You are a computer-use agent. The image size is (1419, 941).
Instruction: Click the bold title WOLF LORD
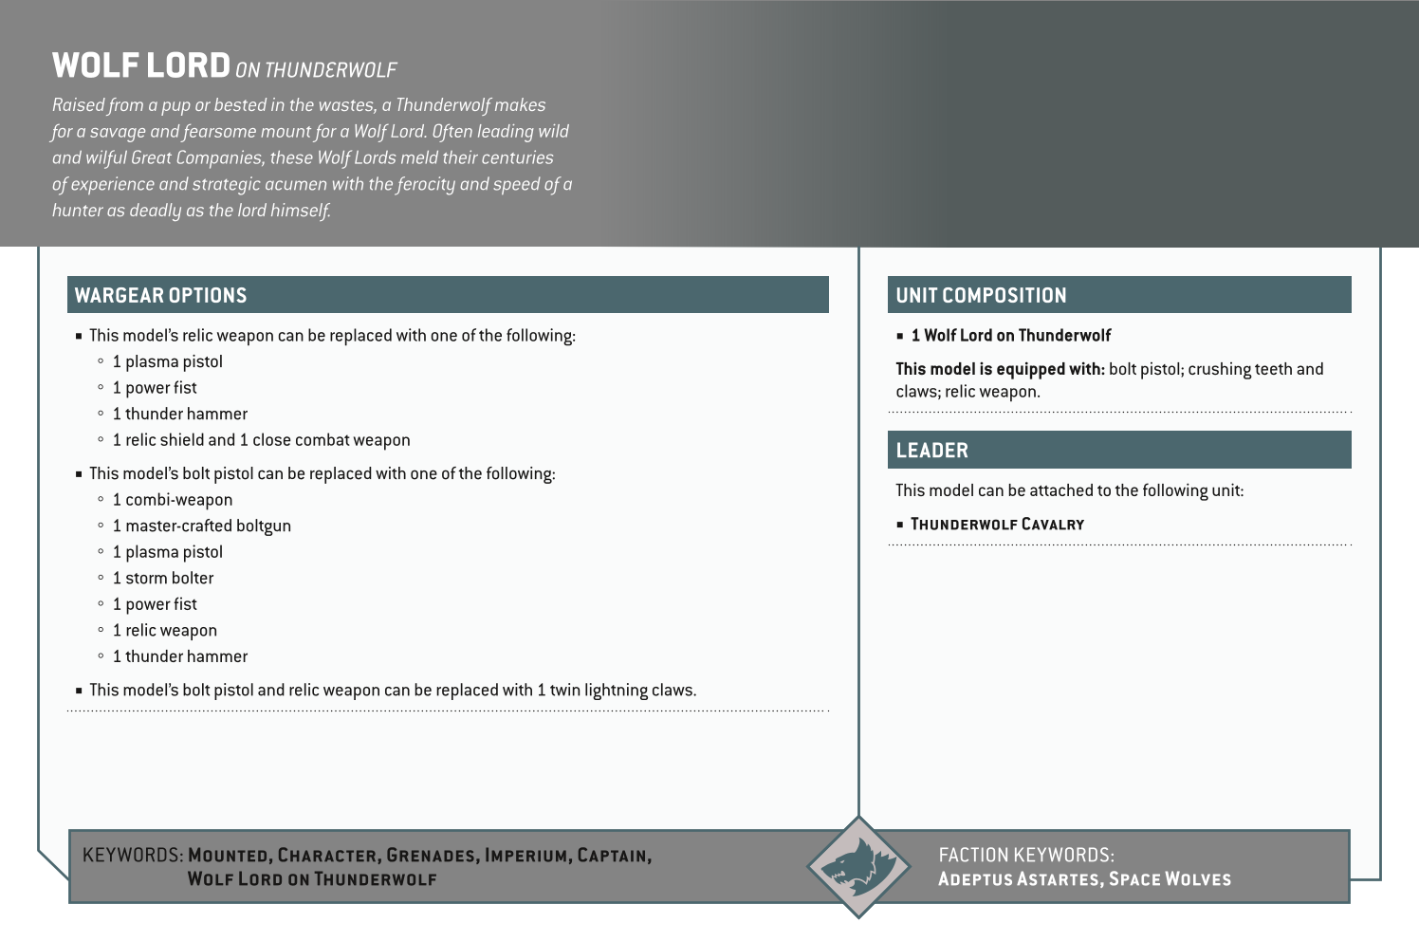pos(141,65)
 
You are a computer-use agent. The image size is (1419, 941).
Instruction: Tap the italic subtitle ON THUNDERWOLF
pos(316,70)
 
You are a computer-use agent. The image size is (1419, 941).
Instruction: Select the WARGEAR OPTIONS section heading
pos(160,295)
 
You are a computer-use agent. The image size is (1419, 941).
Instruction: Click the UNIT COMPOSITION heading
pos(981,295)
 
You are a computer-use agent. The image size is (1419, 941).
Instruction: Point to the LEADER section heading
pos(931,451)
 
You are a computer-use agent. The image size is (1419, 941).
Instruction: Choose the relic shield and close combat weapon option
pos(261,440)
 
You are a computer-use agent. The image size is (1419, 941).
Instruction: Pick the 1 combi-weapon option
pos(172,500)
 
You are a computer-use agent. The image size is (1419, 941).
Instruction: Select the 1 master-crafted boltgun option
pos(201,526)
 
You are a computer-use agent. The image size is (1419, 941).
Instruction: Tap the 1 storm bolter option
pos(162,578)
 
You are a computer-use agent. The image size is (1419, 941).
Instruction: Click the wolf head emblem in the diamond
pos(858,866)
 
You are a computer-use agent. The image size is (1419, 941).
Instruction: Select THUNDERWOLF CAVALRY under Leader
pos(997,525)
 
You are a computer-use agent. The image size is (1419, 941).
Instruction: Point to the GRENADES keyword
pos(431,856)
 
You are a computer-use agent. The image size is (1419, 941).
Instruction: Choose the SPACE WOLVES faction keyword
pos(1170,879)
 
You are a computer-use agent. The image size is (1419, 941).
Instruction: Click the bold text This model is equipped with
pos(1000,369)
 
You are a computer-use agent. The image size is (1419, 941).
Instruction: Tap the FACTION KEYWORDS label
pos(1025,855)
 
